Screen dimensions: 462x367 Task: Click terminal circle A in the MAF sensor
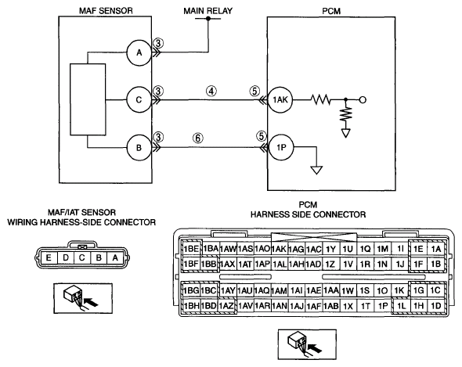click(139, 52)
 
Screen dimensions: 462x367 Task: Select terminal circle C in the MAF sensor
click(139, 100)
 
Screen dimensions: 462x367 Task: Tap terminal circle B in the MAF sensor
click(139, 148)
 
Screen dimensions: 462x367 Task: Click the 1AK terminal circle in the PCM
click(280, 100)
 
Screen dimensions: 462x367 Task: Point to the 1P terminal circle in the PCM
click(281, 147)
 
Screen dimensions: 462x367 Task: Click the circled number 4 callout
click(211, 91)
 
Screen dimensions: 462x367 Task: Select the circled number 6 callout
click(198, 138)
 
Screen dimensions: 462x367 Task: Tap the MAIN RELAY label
click(208, 11)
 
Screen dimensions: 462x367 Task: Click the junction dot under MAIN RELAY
click(208, 19)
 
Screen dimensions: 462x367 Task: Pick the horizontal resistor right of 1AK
click(320, 99)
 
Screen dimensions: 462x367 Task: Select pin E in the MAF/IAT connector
click(49, 257)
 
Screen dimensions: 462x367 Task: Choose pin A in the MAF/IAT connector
click(115, 257)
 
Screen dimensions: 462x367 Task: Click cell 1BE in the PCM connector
click(192, 249)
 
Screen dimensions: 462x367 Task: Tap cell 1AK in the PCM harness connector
click(279, 249)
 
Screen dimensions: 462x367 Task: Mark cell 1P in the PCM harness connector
click(383, 306)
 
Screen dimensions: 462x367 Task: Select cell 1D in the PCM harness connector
click(436, 306)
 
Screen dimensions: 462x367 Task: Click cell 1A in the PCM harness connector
click(436, 249)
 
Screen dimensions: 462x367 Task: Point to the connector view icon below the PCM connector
click(307, 344)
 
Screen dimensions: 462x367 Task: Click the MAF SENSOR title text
click(106, 11)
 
